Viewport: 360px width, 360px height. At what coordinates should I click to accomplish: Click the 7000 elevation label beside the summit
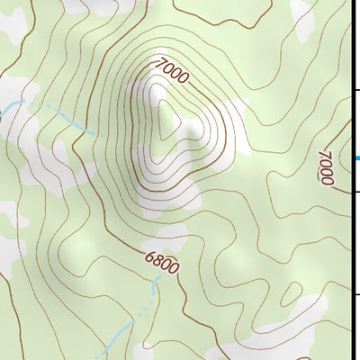click(x=171, y=71)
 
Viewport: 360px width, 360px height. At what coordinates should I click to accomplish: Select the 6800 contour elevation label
click(x=162, y=263)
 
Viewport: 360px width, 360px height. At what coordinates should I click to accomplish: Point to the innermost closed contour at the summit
click(x=166, y=117)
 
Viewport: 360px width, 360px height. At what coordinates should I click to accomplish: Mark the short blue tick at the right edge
click(x=357, y=159)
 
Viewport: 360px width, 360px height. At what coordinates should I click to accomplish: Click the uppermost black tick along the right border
click(x=355, y=89)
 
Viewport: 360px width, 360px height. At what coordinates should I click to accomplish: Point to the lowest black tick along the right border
click(x=355, y=293)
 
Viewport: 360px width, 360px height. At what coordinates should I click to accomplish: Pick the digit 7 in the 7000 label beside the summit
click(x=158, y=63)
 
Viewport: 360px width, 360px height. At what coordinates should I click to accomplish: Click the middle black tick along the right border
click(x=355, y=192)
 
